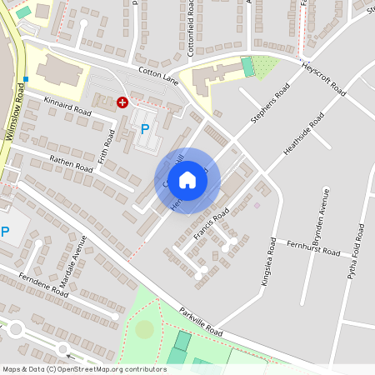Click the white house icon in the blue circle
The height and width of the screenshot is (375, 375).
[187, 179]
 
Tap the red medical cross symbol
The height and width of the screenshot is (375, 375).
[122, 102]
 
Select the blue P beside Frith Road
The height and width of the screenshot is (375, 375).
[145, 129]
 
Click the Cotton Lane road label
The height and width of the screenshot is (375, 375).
[158, 75]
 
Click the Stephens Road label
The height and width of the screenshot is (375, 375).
[271, 104]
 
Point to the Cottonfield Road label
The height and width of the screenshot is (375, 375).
[191, 27]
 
